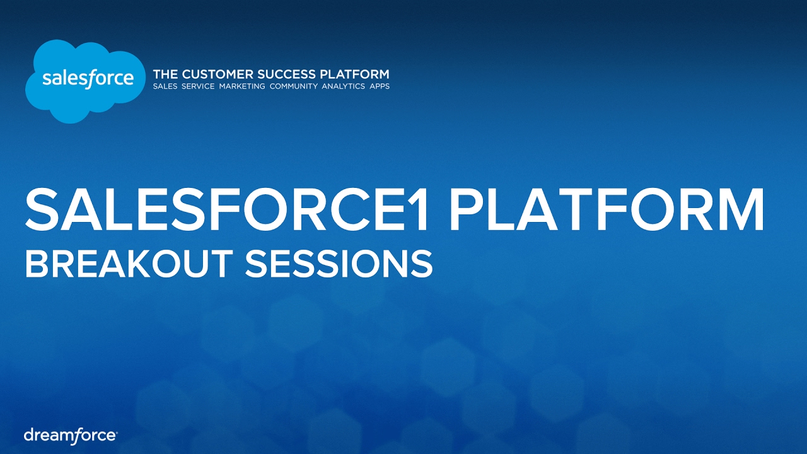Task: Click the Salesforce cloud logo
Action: (84, 81)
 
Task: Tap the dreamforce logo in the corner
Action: (70, 436)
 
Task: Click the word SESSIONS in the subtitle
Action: (339, 263)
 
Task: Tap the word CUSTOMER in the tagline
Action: (218, 74)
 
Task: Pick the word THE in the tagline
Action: (165, 74)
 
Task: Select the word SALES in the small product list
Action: (165, 86)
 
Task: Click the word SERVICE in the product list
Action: (198, 86)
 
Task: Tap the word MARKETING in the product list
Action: (242, 86)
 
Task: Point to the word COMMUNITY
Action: (293, 86)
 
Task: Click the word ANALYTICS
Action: (343, 86)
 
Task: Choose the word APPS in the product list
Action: (380, 86)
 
